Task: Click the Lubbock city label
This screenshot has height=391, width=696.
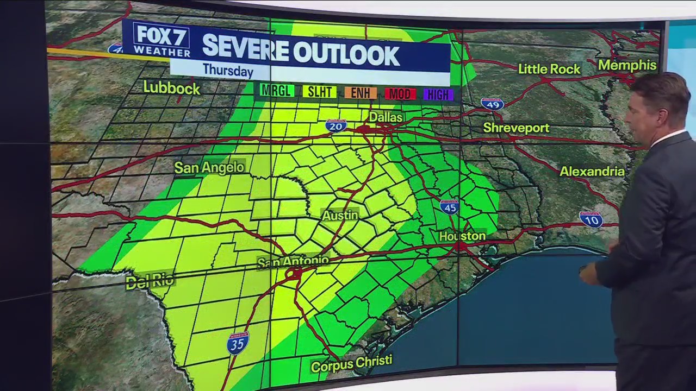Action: coord(172,87)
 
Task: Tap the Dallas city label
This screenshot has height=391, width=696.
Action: coord(386,117)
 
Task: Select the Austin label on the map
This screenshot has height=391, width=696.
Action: coord(340,215)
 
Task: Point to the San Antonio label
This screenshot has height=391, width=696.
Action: coord(293,261)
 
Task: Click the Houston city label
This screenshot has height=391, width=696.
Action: coord(462,236)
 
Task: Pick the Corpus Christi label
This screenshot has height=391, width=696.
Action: coord(351,364)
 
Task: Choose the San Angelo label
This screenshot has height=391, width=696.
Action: coord(209,168)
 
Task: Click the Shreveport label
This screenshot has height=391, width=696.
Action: coord(517,128)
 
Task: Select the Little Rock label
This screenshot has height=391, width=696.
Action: coord(549,69)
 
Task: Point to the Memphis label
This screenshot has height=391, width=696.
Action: coord(627,66)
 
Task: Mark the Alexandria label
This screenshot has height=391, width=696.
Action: coord(592,172)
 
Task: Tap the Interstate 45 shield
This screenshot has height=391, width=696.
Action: coord(450,206)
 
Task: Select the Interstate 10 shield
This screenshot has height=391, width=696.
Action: coord(591,219)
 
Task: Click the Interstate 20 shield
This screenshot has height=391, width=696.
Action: coord(337,126)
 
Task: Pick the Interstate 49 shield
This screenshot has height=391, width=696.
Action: coord(492,104)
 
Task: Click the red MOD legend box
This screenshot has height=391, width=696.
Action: coord(400,94)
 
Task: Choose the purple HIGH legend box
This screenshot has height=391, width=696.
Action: coord(438,94)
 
